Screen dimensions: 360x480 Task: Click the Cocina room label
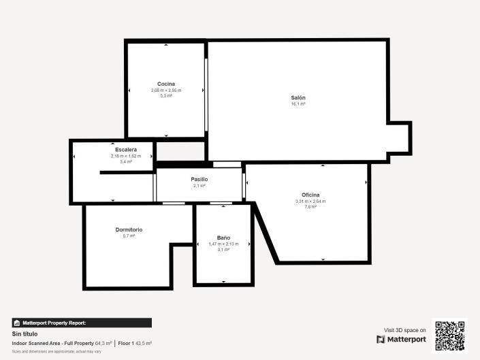coord(166,84)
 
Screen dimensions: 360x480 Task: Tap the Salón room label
coord(298,98)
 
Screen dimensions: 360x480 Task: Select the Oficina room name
coord(310,195)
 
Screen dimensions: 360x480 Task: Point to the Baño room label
coord(223,238)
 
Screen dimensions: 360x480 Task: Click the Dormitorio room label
coord(129,230)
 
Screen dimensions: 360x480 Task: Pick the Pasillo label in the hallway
coord(199,179)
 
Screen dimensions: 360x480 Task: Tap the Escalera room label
coord(126,150)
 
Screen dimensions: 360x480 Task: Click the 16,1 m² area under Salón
coord(298,104)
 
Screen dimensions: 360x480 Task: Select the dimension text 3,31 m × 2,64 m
coord(310,201)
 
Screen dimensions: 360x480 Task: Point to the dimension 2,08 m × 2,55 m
coord(166,90)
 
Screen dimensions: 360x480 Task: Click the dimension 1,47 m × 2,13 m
coord(223,244)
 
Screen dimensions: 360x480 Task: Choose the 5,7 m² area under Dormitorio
coord(129,236)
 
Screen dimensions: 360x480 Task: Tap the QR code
coord(450,336)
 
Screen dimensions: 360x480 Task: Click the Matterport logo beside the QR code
coord(401,339)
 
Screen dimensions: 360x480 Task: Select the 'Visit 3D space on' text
coord(405,329)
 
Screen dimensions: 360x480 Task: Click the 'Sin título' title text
coord(25,334)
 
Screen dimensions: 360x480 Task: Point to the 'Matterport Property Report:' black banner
coord(82,323)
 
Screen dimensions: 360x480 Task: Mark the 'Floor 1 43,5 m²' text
coord(135,344)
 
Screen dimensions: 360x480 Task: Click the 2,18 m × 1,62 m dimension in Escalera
coord(126,156)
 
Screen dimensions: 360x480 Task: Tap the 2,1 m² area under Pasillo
coord(199,185)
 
